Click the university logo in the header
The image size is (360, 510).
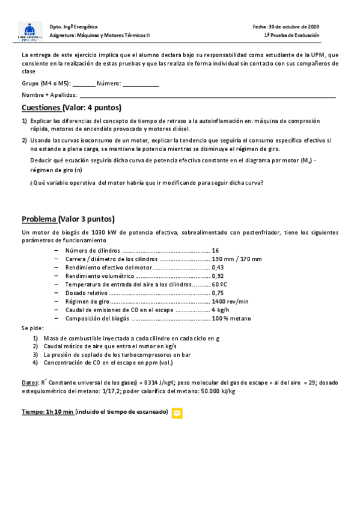(x=30, y=31)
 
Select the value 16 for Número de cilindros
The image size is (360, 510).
(x=216, y=250)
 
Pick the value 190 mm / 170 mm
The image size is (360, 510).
(x=237, y=259)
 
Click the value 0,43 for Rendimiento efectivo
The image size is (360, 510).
(x=218, y=268)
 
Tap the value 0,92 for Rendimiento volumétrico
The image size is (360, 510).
(x=218, y=276)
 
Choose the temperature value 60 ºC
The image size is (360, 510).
(x=219, y=284)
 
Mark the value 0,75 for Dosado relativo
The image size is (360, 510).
(x=218, y=293)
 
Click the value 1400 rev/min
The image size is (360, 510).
(x=230, y=301)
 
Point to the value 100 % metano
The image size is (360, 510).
(x=232, y=318)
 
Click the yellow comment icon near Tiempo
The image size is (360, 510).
(x=177, y=413)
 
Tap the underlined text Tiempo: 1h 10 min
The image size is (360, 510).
(x=47, y=412)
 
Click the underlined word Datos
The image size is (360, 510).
(x=29, y=382)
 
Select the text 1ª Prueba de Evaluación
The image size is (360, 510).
(x=291, y=35)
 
